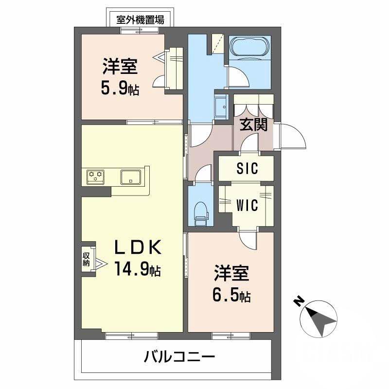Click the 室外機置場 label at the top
[140, 20]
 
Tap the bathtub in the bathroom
[248, 49]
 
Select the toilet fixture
[201, 212]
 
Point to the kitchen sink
[130, 176]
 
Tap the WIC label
[247, 205]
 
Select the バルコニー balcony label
[179, 358]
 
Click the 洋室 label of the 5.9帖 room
[119, 67]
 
